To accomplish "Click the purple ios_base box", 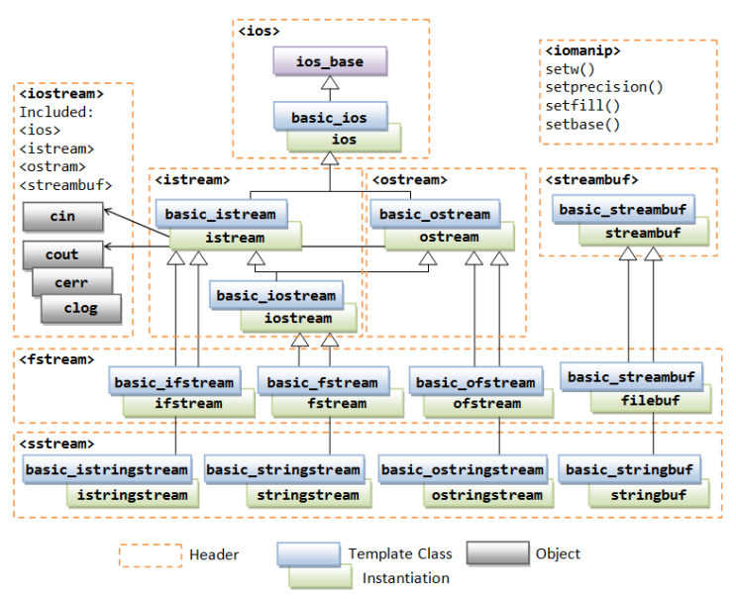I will click(x=330, y=61).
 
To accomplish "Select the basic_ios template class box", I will click(x=329, y=118).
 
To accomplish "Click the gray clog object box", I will click(x=81, y=308).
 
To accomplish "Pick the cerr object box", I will click(x=71, y=282).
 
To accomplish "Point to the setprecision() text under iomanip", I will click(x=604, y=87).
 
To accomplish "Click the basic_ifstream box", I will click(x=174, y=382).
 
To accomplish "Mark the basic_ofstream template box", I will click(x=475, y=382).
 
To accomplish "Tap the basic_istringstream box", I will click(x=106, y=469).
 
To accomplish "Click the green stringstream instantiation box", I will click(x=308, y=494).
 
